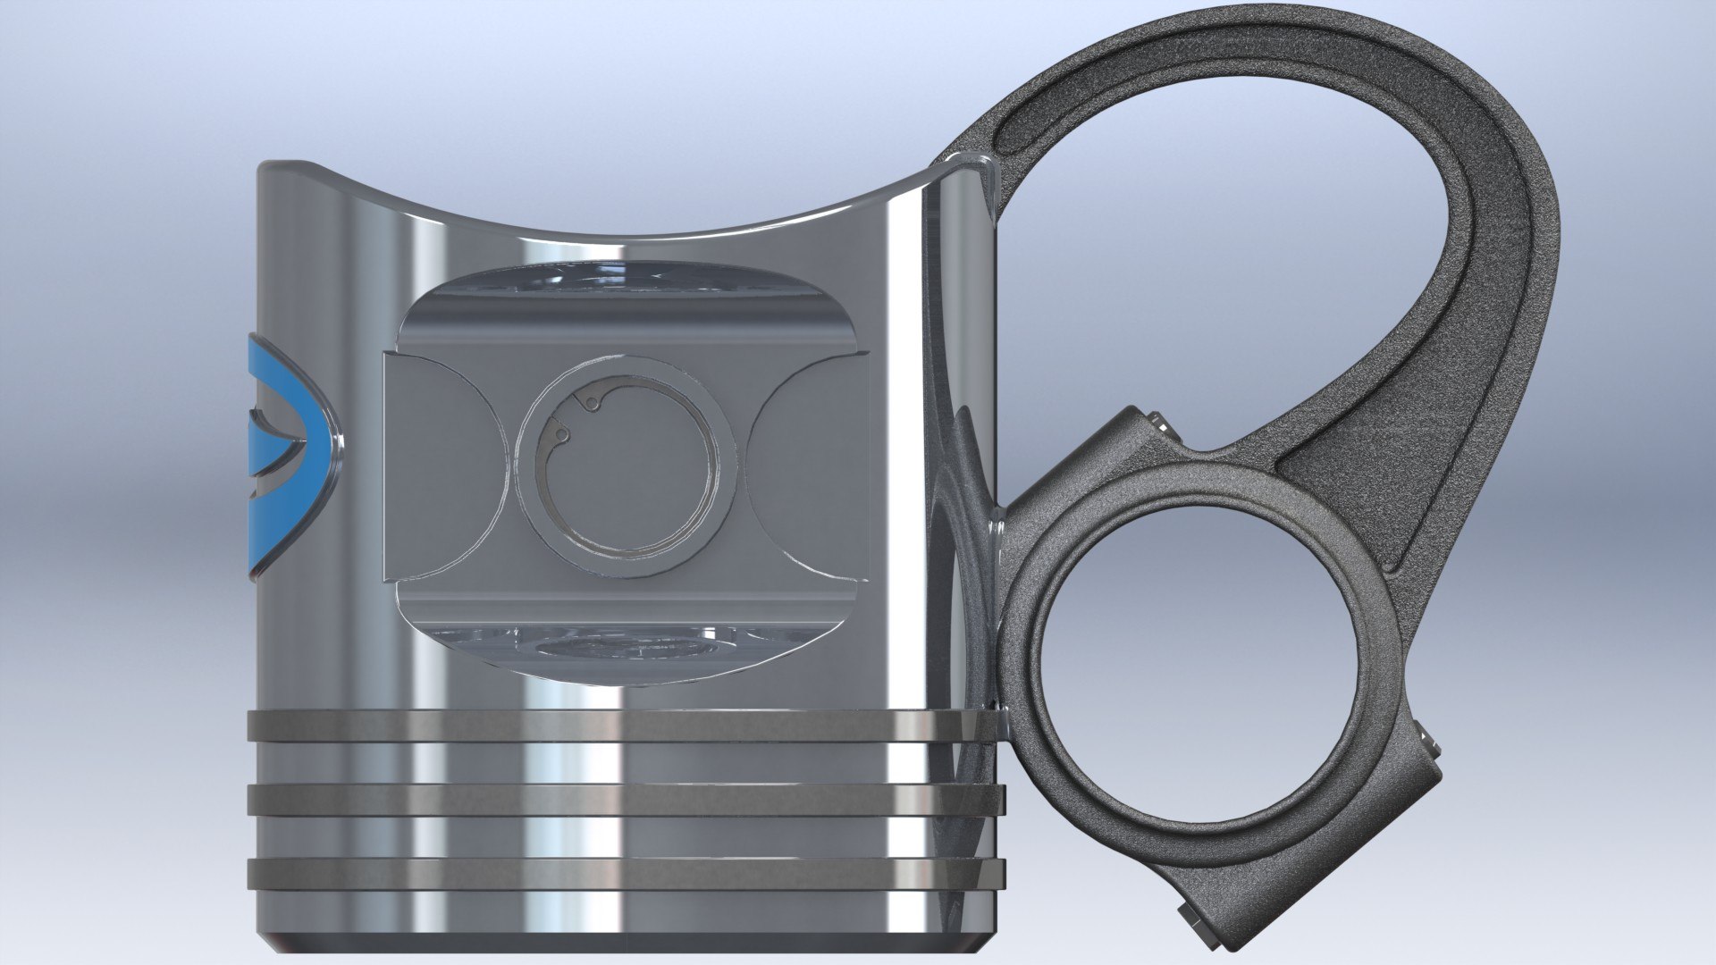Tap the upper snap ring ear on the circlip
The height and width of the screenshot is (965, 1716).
[588, 404]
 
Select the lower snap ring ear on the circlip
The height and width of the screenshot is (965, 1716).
[561, 434]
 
